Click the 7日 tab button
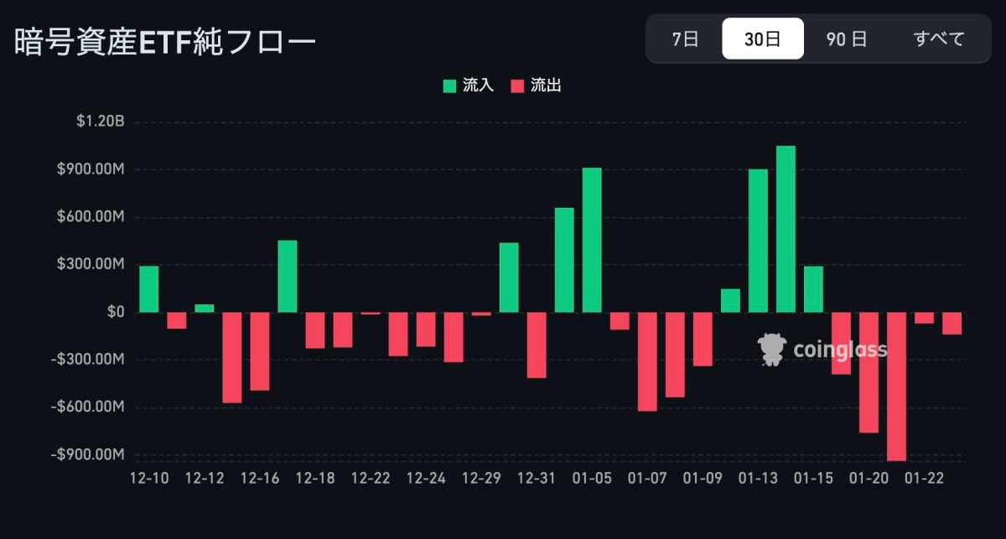coord(685,39)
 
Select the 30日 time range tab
coord(763,39)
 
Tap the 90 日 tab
coord(847,39)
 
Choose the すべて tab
coord(939,39)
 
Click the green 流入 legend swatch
coord(450,86)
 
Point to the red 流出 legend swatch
coord(517,86)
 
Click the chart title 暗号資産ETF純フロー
coord(165,42)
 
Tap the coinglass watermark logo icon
coord(770,350)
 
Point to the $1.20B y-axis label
coord(100,122)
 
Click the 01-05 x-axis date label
coord(591,479)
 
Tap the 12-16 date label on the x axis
coord(260,479)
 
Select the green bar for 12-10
coord(148,289)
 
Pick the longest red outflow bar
coord(896,386)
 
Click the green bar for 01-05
coord(592,240)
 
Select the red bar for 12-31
coord(537,345)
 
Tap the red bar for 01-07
coord(647,361)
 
